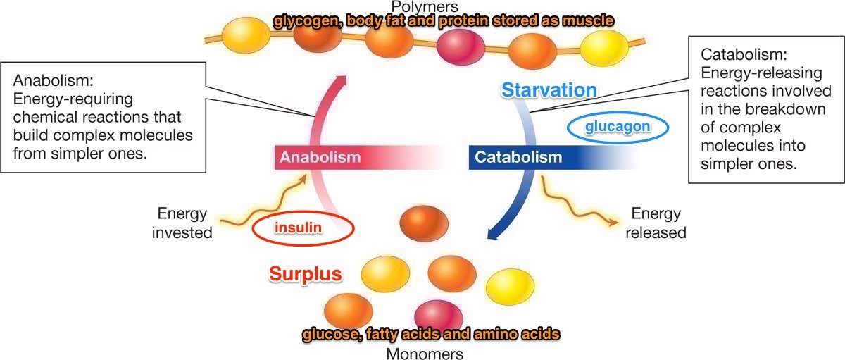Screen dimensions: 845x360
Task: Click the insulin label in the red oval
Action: (301, 228)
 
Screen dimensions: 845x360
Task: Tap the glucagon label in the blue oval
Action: (617, 126)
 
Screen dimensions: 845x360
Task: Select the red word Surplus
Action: (305, 274)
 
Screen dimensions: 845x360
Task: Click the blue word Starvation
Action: (549, 89)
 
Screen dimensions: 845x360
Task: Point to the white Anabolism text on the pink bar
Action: (320, 157)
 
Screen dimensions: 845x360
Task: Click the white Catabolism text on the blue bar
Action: (518, 157)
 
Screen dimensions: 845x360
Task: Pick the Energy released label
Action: (656, 222)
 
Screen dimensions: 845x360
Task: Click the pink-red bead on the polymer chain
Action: (458, 47)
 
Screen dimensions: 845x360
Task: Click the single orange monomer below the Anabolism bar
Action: (423, 223)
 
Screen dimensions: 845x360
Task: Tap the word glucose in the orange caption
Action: (330, 333)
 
